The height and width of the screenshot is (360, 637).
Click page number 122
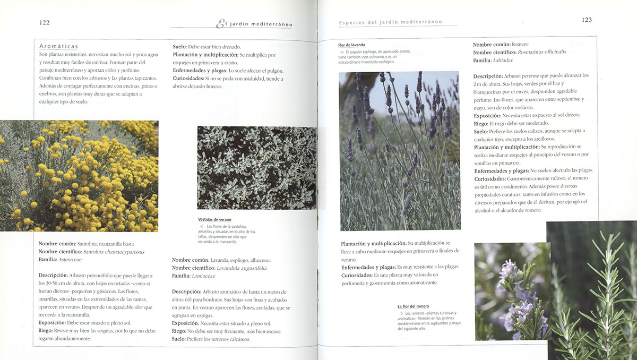click(45, 22)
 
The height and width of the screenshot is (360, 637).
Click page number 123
click(587, 20)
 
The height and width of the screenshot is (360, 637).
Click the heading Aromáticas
click(58, 46)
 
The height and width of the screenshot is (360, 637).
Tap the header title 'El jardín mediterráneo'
click(255, 24)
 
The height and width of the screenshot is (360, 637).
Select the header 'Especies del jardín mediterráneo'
click(390, 22)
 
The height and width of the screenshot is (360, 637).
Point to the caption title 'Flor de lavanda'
click(351, 45)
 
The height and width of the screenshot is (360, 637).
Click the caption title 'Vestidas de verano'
click(214, 219)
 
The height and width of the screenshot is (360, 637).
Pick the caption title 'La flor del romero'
click(413, 306)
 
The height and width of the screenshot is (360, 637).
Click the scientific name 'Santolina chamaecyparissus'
click(113, 252)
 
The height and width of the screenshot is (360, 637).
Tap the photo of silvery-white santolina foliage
click(256, 168)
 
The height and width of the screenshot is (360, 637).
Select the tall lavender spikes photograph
click(399, 150)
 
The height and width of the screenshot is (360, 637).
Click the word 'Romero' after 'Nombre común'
click(520, 44)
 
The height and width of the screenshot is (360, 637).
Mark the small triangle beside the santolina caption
click(201, 226)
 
